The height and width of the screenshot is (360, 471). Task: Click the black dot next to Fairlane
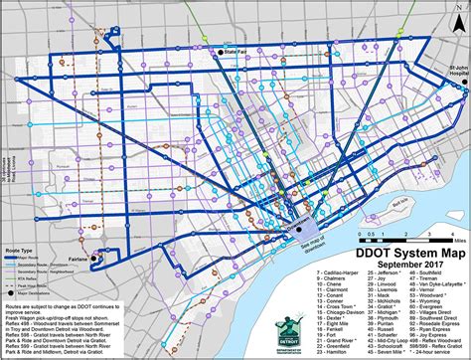[94, 260]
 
